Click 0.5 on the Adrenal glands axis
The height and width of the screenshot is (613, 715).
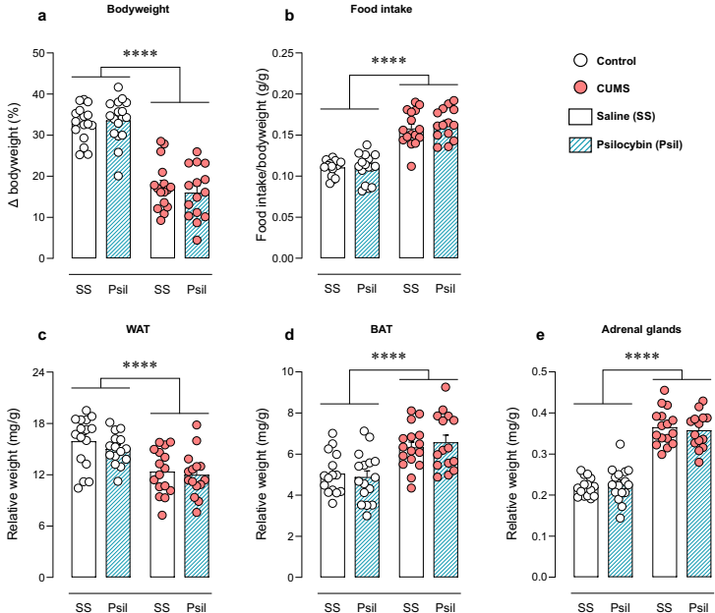[x=540, y=372]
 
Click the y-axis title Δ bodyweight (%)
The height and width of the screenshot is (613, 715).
[x=15, y=155]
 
